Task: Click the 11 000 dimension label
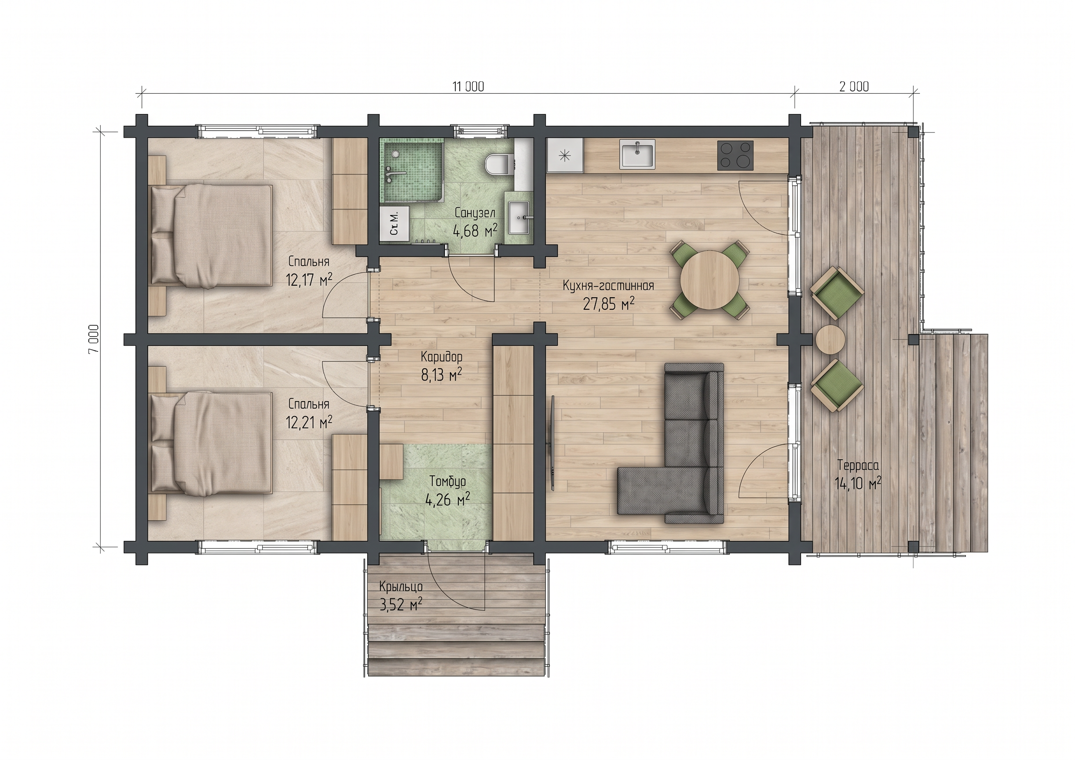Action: coord(468,87)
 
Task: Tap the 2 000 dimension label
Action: coord(854,87)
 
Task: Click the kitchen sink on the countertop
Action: coord(637,154)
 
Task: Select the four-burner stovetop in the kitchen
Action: coord(735,155)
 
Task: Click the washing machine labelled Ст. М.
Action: coord(394,224)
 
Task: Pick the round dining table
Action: coord(710,280)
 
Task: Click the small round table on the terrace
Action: coord(830,339)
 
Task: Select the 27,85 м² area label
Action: coord(609,304)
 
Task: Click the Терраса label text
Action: coord(858,465)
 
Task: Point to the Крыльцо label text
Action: coord(401,587)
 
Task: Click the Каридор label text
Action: coord(442,357)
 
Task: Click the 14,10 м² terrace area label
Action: coord(858,482)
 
